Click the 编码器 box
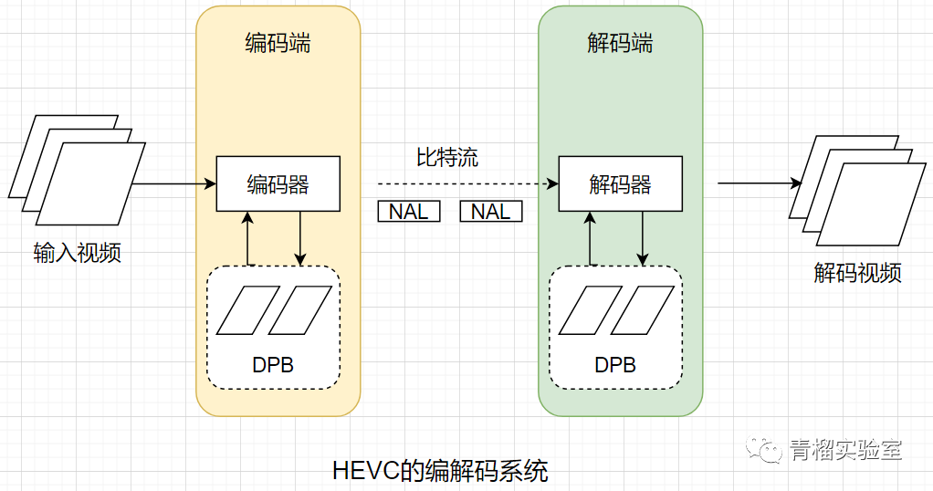pyautogui.click(x=278, y=184)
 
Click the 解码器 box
pyautogui.click(x=620, y=184)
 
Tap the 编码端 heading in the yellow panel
pyautogui.click(x=278, y=42)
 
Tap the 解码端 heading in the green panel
pyautogui.click(x=620, y=42)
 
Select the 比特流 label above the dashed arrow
pyautogui.click(x=447, y=157)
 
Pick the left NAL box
pyautogui.click(x=409, y=212)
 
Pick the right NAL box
pyautogui.click(x=491, y=212)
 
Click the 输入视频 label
pyautogui.click(x=77, y=252)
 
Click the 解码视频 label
pyautogui.click(x=857, y=272)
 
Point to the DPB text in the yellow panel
pyautogui.click(x=273, y=365)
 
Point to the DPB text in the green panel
pyautogui.click(x=615, y=365)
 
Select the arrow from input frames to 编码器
pyautogui.click(x=173, y=183)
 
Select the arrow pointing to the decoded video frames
pyautogui.click(x=759, y=183)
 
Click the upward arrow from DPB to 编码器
pyautogui.click(x=248, y=239)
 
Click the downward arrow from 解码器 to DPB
pyautogui.click(x=643, y=239)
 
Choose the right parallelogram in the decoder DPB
pyautogui.click(x=641, y=310)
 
